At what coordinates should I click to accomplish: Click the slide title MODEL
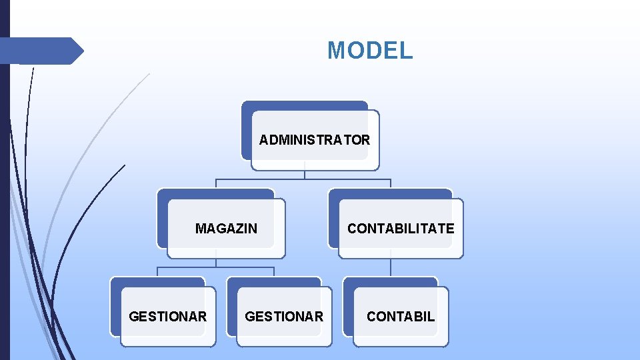pyautogui.click(x=370, y=51)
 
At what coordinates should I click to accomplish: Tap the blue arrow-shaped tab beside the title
pyautogui.click(x=40, y=51)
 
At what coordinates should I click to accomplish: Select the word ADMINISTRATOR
pyautogui.click(x=315, y=140)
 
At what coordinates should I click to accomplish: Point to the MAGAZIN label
pyautogui.click(x=226, y=229)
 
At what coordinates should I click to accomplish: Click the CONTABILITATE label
pyautogui.click(x=401, y=229)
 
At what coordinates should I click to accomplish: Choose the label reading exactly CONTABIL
pyautogui.click(x=401, y=317)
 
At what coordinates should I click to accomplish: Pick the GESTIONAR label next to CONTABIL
pyautogui.click(x=284, y=317)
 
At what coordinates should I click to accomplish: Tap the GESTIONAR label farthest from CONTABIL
pyautogui.click(x=168, y=317)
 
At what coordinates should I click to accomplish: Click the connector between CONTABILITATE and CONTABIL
pyautogui.click(x=391, y=268)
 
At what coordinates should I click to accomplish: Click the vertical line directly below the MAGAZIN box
pyautogui.click(x=216, y=263)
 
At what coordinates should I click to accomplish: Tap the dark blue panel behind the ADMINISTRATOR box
pyautogui.click(x=293, y=105)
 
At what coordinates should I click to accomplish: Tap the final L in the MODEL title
pyautogui.click(x=407, y=51)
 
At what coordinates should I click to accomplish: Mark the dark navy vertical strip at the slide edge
pyautogui.click(x=5, y=200)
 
